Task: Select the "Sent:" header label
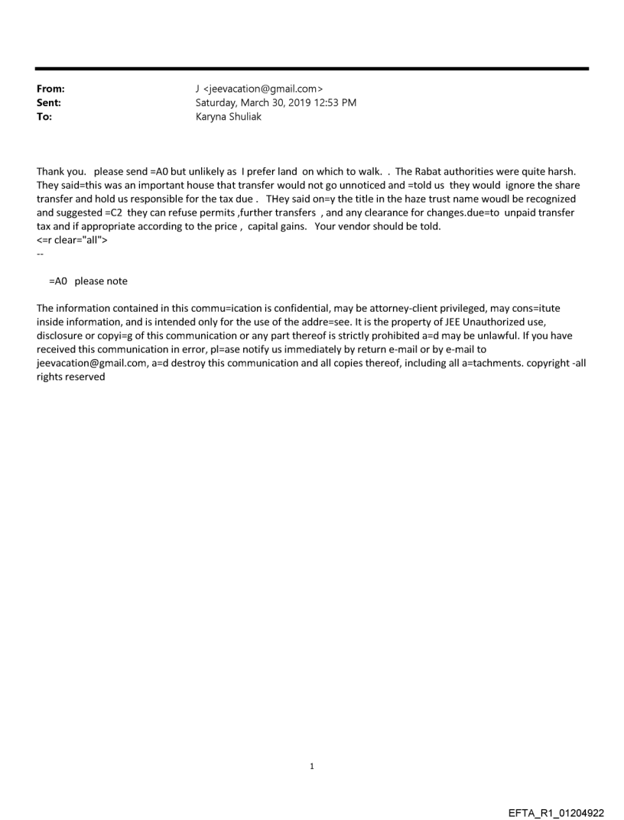(47, 102)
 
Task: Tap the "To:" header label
(44, 117)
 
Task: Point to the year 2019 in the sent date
(303, 102)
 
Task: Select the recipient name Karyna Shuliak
(229, 117)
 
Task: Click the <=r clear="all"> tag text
(71, 240)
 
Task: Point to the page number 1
(312, 766)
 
